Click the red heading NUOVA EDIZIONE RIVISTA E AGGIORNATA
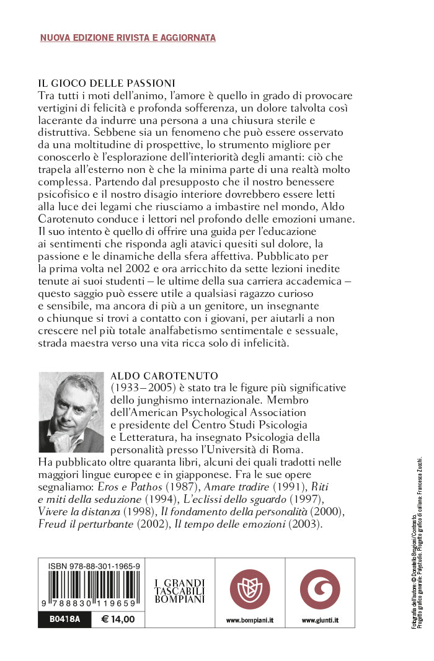point(128,38)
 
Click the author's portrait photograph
point(71,412)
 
